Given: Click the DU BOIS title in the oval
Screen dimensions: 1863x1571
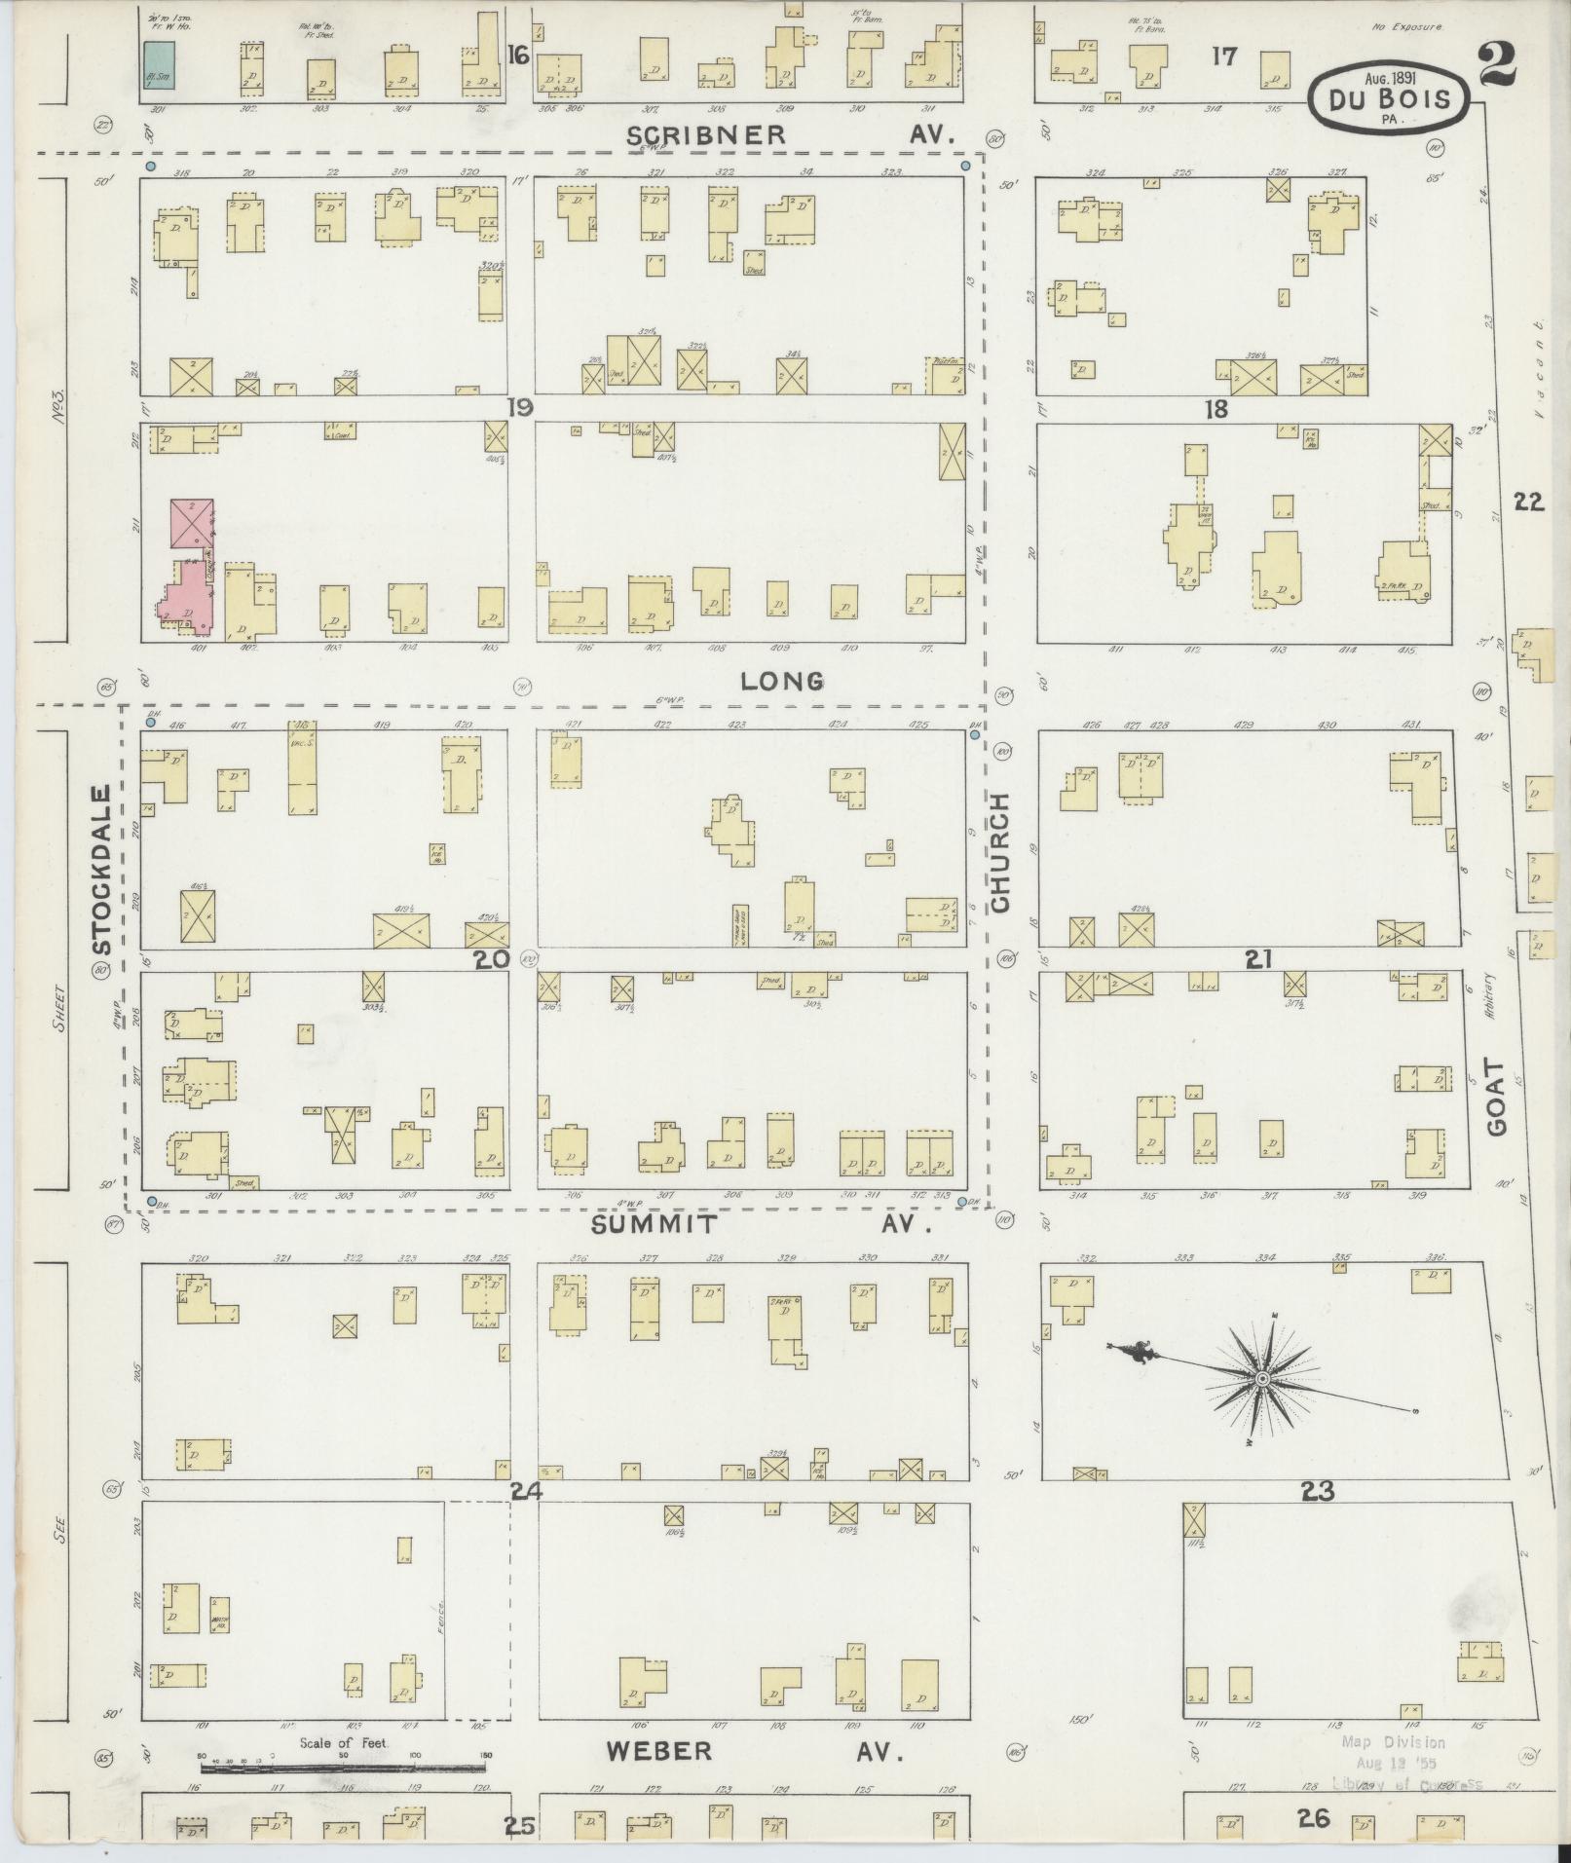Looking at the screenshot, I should [x=1386, y=99].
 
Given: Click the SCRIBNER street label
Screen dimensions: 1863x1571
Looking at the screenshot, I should [x=706, y=135].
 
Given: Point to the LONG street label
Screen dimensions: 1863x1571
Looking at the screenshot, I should [x=782, y=681].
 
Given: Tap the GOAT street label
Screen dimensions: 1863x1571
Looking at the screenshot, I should [x=1496, y=1098].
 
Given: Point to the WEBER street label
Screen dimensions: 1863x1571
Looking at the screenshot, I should [x=658, y=1751].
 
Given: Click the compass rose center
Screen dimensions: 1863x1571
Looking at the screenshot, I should [x=1262, y=1379].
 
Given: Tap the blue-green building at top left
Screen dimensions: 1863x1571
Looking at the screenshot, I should [x=160, y=67].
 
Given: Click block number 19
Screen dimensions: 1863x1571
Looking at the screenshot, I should [x=519, y=407].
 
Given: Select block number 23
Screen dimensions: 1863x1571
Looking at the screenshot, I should [x=1318, y=1491].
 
